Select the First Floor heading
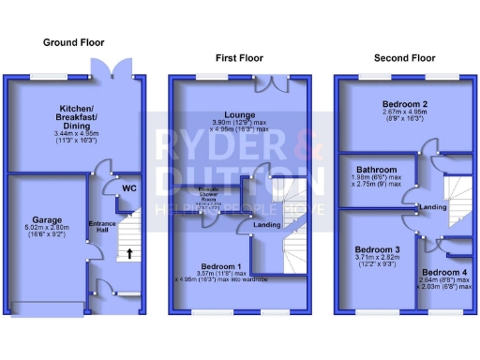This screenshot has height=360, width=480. tap(239, 57)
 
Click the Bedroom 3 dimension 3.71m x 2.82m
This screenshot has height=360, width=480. tap(373, 258)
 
